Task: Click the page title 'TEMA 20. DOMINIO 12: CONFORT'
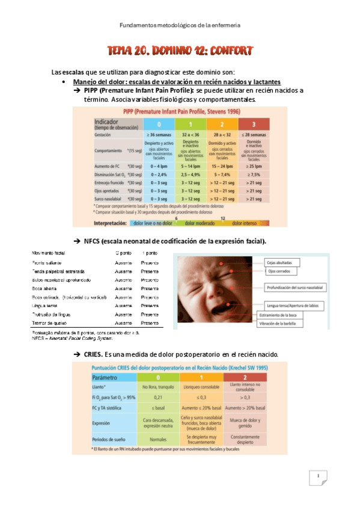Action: (180, 51)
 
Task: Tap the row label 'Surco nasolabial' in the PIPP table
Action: (109, 198)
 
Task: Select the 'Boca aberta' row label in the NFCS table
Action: (46, 289)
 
